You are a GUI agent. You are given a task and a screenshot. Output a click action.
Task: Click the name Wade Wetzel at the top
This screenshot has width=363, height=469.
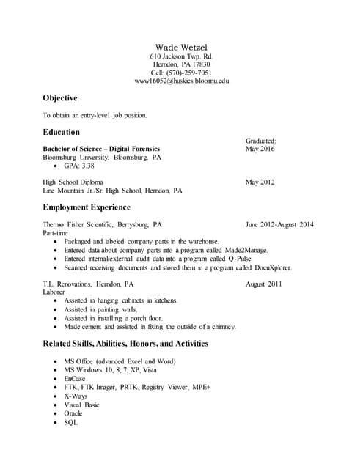pos(181,47)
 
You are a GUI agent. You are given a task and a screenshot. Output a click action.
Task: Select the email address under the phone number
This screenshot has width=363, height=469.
pos(182,81)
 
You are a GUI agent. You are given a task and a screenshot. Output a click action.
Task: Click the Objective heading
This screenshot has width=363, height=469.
pos(60,98)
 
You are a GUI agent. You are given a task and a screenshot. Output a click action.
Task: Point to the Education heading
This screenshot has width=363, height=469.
pos(62,133)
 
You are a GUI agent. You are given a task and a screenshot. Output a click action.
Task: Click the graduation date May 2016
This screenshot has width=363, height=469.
pos(260,149)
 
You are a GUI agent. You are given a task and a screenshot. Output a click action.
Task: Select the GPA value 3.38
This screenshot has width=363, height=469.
pos(88,166)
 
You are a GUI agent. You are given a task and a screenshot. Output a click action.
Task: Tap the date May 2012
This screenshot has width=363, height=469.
pos(260,182)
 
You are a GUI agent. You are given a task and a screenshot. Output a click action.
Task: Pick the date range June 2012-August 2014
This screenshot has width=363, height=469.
pos(279,224)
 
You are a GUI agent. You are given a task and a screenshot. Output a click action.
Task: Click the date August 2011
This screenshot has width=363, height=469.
pos(264,284)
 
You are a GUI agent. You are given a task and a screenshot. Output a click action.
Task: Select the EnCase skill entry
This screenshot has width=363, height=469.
pos(75,378)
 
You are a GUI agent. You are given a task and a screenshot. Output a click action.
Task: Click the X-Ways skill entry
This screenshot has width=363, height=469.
pos(76,396)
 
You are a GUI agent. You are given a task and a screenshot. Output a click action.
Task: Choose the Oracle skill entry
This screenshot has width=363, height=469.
pos(73,413)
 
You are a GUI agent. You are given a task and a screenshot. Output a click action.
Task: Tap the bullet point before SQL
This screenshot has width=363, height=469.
pos(56,422)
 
